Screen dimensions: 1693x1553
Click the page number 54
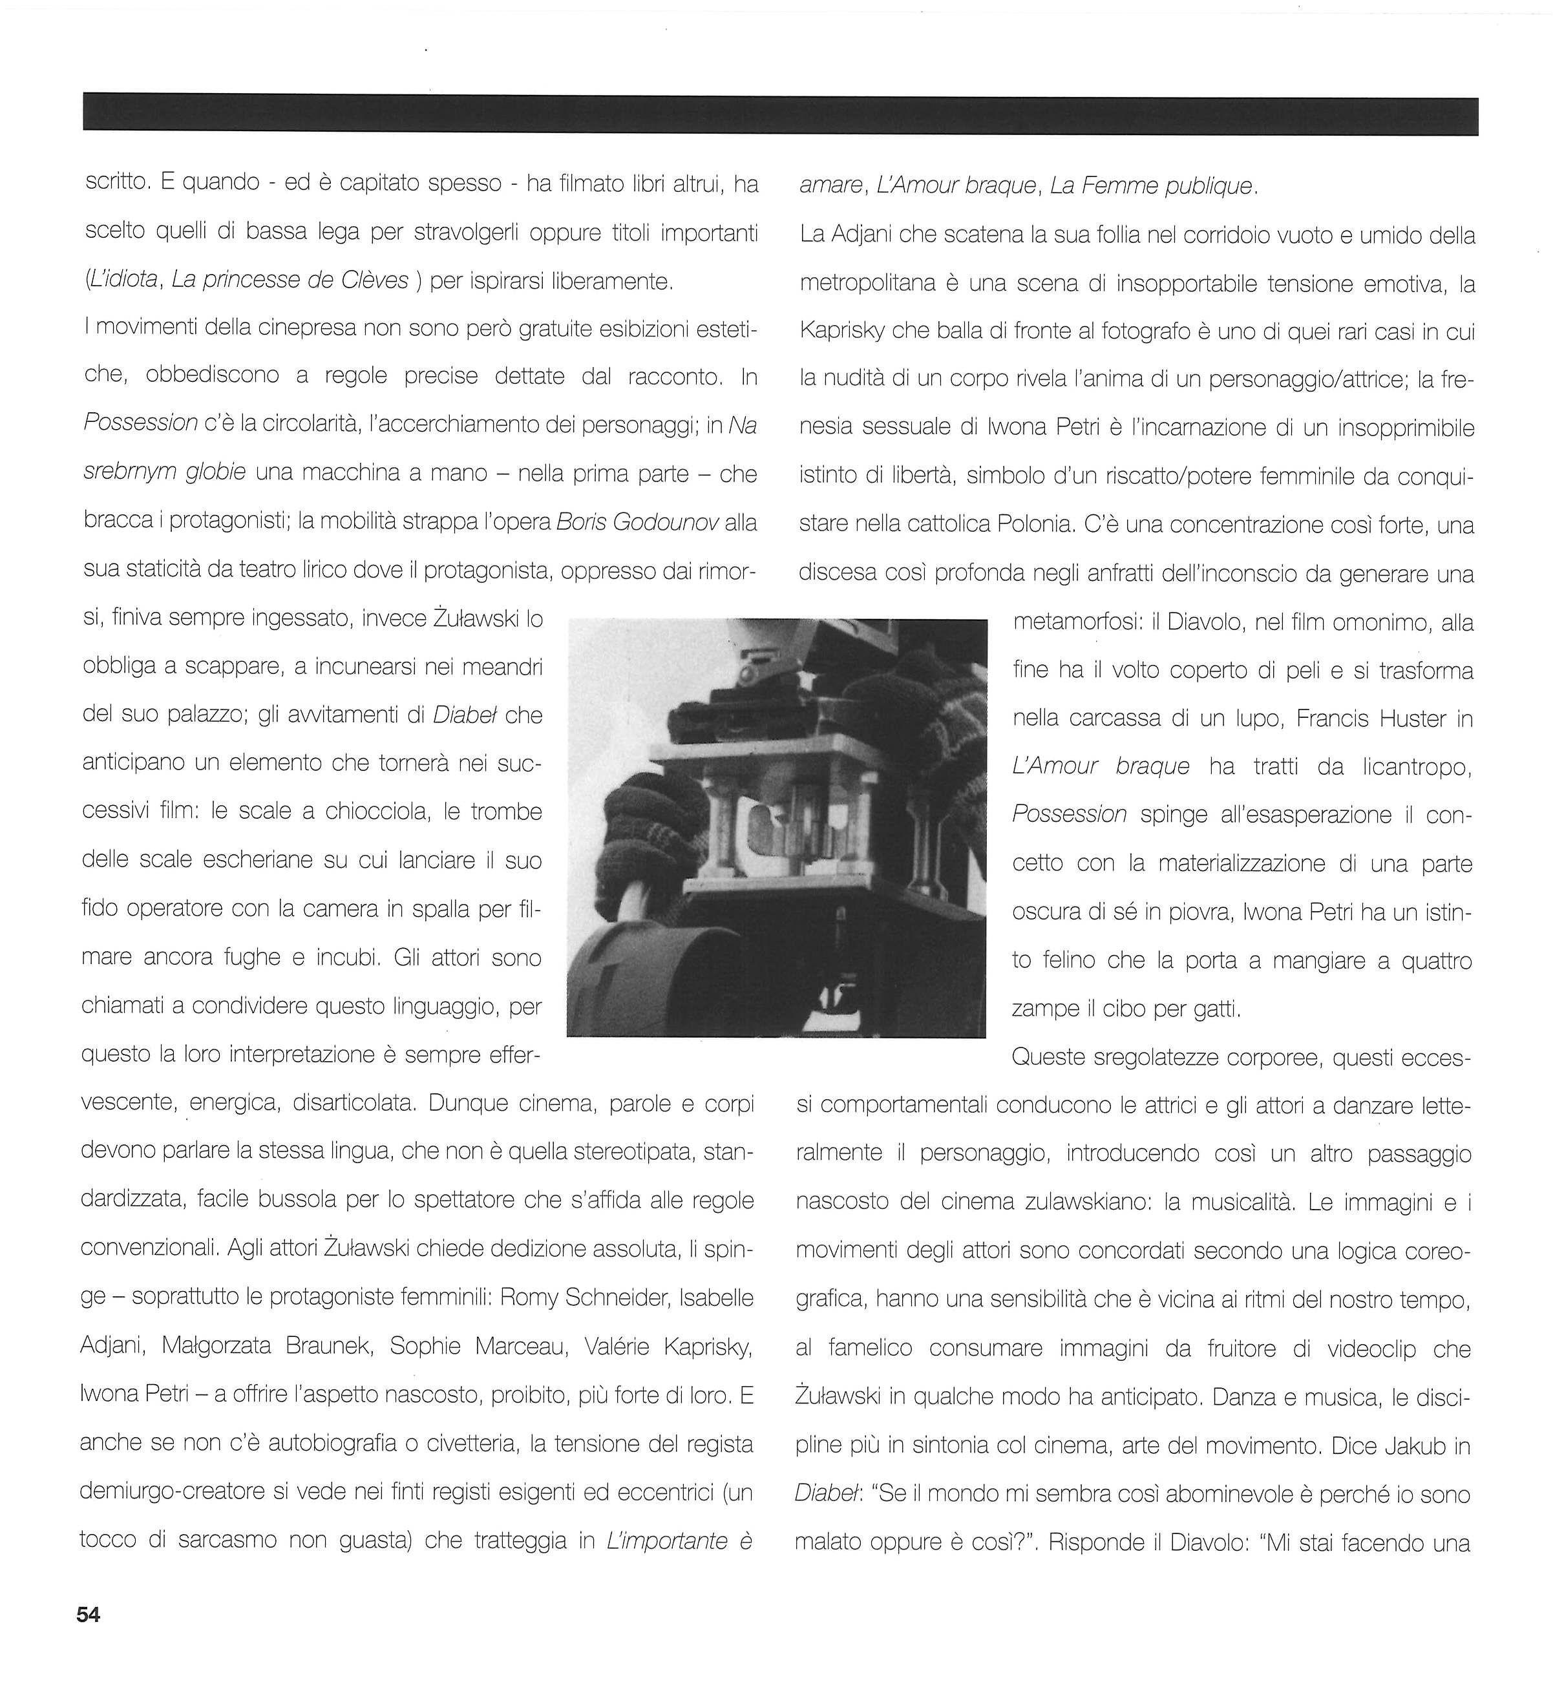coord(89,1615)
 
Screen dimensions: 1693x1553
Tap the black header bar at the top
coord(780,114)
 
